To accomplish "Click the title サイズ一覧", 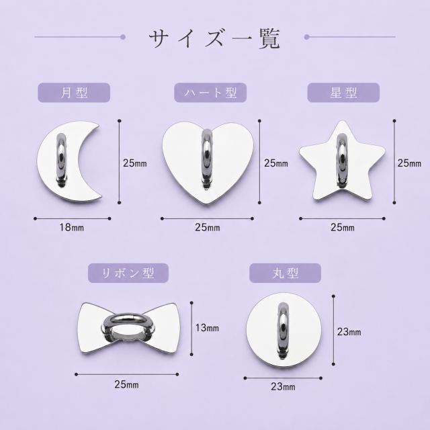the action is click(x=214, y=38).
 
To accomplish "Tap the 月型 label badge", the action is click(x=74, y=93).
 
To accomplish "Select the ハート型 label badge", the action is click(x=210, y=93).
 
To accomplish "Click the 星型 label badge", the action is click(x=343, y=93).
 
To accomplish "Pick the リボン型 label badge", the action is click(x=128, y=273).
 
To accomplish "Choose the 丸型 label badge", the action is click(x=285, y=273).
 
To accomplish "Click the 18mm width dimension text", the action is click(x=72, y=228).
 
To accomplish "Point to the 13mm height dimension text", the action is click(x=207, y=328).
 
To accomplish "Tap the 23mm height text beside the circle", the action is click(x=349, y=332).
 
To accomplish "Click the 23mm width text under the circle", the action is click(x=283, y=387).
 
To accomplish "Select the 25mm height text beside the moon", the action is click(x=135, y=163).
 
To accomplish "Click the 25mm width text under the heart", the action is click(x=208, y=228).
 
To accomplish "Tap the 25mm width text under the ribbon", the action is click(x=126, y=384).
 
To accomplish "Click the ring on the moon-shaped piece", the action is click(x=61, y=161).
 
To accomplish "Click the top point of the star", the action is click(x=342, y=121).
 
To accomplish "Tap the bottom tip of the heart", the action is click(x=208, y=204).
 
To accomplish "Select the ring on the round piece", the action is click(x=284, y=331).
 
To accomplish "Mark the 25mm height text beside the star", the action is click(x=409, y=163).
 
